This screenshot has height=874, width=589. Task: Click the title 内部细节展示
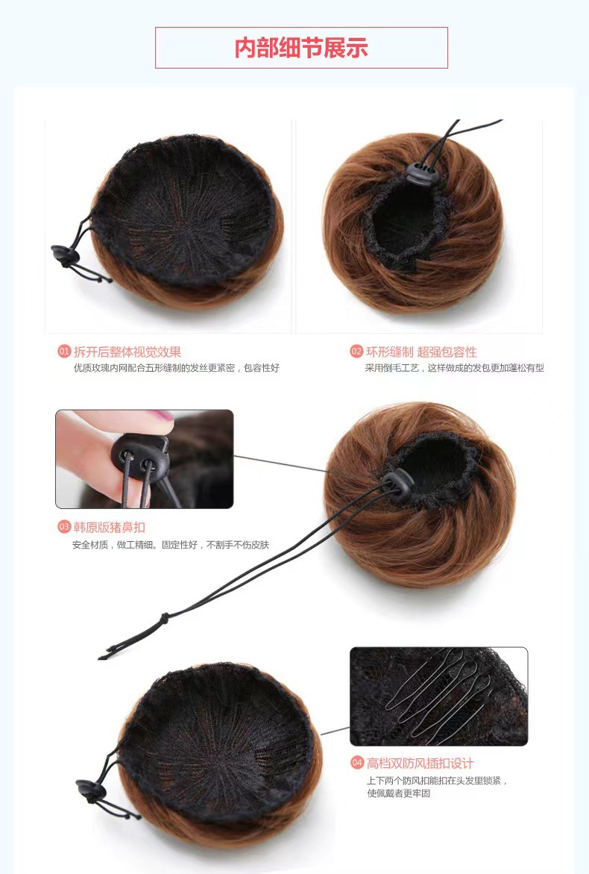(301, 48)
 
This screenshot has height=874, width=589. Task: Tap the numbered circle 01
(64, 352)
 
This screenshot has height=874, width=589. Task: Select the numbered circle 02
(356, 352)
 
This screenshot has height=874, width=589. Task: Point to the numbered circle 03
(64, 527)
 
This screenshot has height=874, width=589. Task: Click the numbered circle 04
(357, 763)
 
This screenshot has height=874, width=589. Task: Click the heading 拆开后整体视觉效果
(127, 352)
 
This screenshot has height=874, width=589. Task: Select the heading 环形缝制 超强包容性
(421, 352)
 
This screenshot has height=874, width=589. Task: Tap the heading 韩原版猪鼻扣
(109, 527)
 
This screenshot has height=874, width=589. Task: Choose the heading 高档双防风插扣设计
(421, 763)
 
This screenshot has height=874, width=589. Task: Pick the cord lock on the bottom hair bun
(91, 790)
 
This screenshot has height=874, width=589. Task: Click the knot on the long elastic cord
(164, 617)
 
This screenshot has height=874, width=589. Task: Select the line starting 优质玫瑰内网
(177, 368)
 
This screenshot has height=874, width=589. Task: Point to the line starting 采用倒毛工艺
(454, 368)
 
